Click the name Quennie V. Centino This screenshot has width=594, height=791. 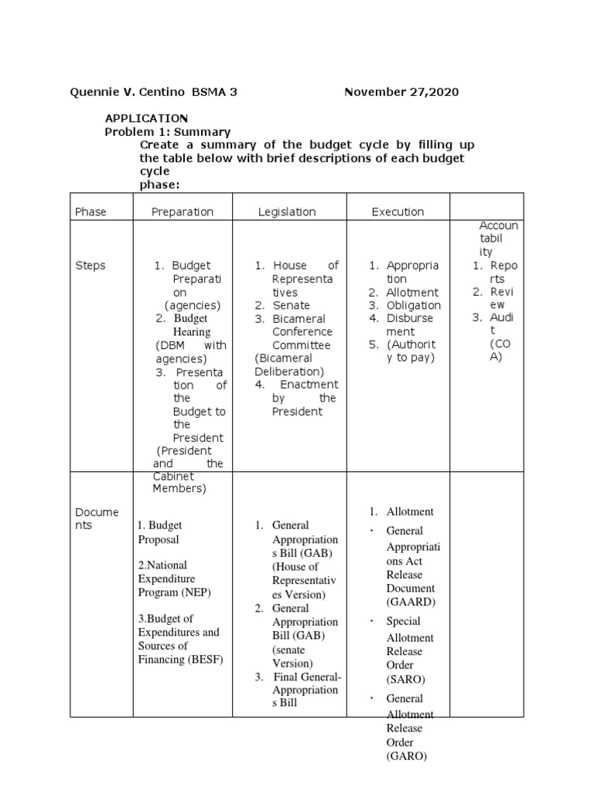(x=128, y=92)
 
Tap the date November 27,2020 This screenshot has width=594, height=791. (x=401, y=92)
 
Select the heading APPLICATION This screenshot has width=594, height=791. (x=146, y=118)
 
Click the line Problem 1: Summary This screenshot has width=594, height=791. (x=168, y=132)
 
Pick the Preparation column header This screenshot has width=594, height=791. (x=182, y=212)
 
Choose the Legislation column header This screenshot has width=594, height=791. (x=287, y=212)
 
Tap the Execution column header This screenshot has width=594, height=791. (x=398, y=212)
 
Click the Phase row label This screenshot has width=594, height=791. (x=90, y=212)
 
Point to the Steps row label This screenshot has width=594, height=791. (x=90, y=266)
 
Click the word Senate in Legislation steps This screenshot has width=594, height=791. (x=291, y=306)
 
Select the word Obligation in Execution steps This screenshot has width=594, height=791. (x=412, y=305)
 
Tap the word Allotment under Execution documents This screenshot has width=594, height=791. (x=410, y=511)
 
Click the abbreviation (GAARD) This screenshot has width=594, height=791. (x=411, y=602)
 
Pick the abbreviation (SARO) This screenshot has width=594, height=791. (x=405, y=679)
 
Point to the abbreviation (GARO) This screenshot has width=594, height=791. (x=406, y=756)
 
